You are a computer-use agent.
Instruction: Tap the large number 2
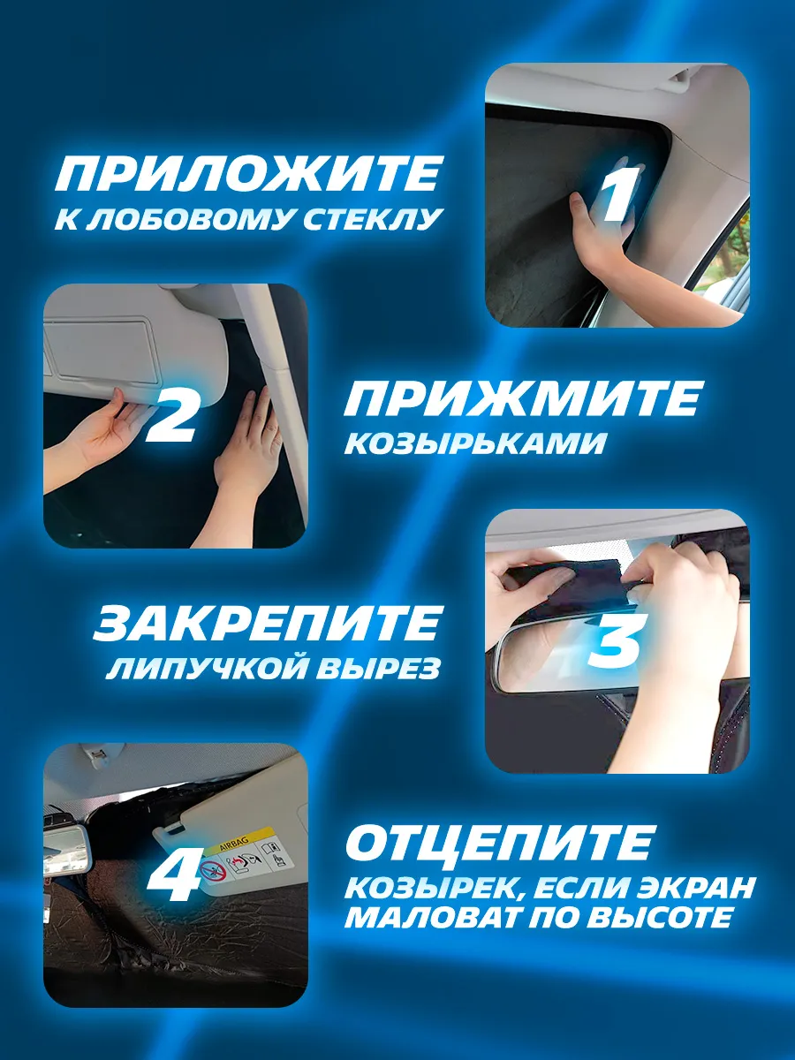coord(170,415)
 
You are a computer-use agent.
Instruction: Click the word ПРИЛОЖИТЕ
coord(246,173)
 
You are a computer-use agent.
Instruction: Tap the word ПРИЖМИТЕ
coord(521,397)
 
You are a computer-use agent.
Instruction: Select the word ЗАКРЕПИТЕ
coord(267,622)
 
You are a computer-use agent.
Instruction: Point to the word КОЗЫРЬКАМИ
coord(474,443)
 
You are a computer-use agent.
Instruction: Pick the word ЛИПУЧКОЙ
coord(208,668)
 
